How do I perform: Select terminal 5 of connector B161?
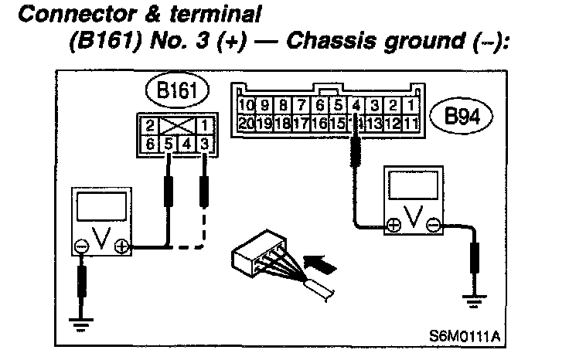169,143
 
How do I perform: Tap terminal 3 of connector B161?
203,143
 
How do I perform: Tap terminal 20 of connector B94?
247,121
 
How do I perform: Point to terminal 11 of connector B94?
412,121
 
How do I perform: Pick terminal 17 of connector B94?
302,121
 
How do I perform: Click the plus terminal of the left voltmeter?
121,247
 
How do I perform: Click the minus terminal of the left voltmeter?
80,247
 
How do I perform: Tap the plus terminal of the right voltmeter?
394,226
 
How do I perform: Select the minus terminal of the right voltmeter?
434,226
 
